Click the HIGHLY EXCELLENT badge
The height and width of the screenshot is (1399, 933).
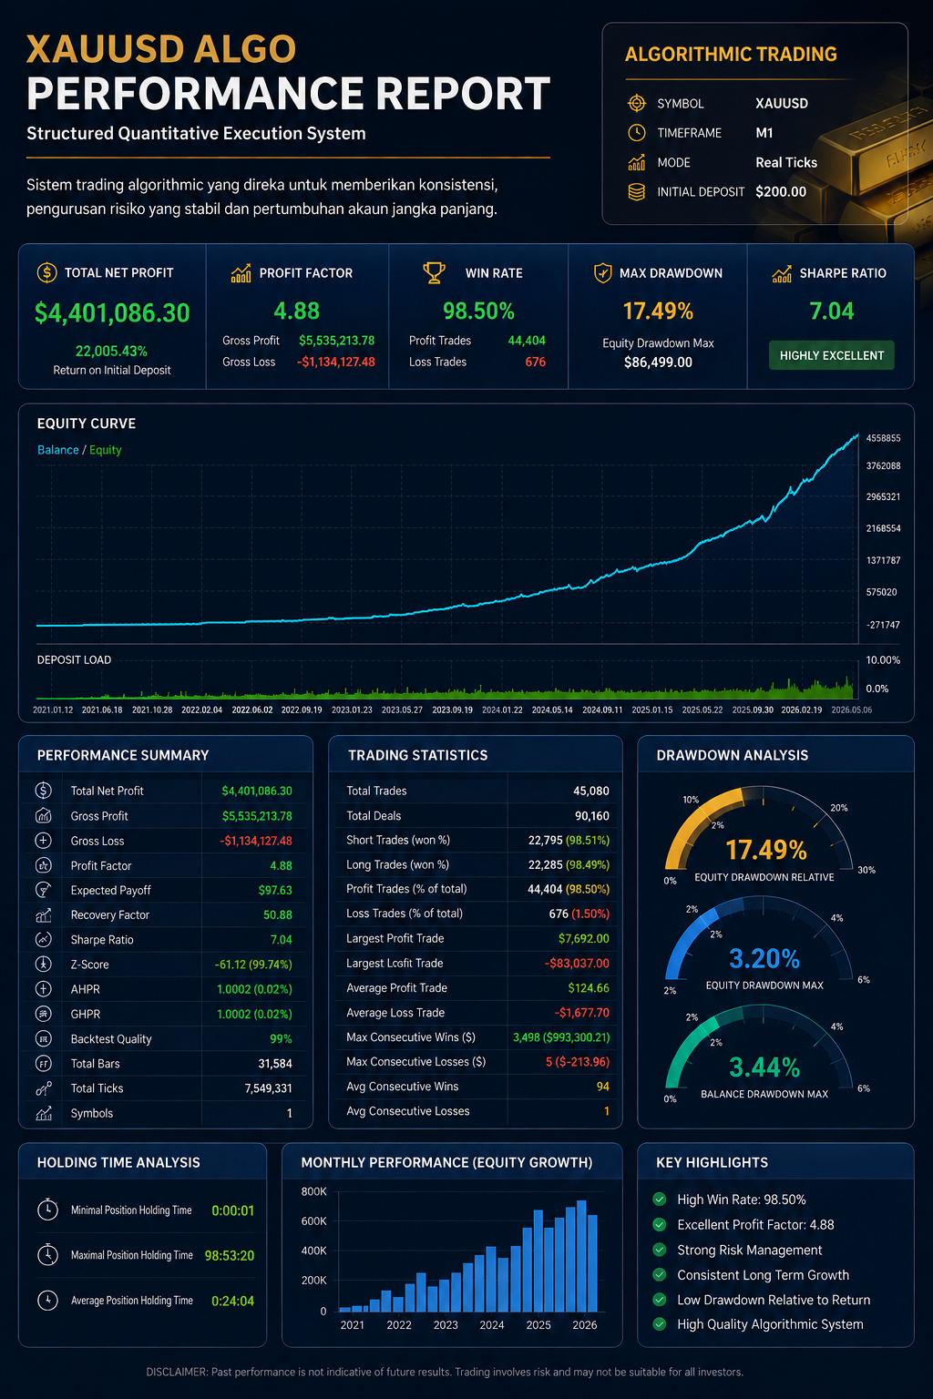point(831,355)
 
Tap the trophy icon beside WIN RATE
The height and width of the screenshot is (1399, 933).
point(434,273)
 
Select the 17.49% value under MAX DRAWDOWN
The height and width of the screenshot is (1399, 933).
point(658,311)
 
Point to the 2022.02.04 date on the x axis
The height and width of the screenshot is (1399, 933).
point(201,710)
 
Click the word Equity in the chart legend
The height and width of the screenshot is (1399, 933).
point(105,450)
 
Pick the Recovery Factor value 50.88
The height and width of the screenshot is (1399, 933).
point(278,915)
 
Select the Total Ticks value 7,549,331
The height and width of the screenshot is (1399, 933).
point(268,1088)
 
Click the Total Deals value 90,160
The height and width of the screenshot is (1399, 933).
point(591,816)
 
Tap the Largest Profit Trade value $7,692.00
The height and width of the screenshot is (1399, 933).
point(584,939)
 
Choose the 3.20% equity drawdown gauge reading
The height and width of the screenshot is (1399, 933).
point(764,959)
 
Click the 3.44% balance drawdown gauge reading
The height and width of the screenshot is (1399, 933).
point(764,1068)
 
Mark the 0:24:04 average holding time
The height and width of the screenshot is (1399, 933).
point(232,1301)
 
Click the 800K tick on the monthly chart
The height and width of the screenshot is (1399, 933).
point(313,1191)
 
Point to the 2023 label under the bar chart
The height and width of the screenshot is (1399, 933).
point(446,1325)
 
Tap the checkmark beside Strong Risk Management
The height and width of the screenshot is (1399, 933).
point(660,1250)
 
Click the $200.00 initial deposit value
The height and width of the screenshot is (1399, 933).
point(781,192)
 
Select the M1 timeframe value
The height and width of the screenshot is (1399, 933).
point(764,133)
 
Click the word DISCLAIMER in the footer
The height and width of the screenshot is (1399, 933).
point(177,1373)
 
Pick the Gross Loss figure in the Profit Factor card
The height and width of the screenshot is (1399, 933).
point(336,363)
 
